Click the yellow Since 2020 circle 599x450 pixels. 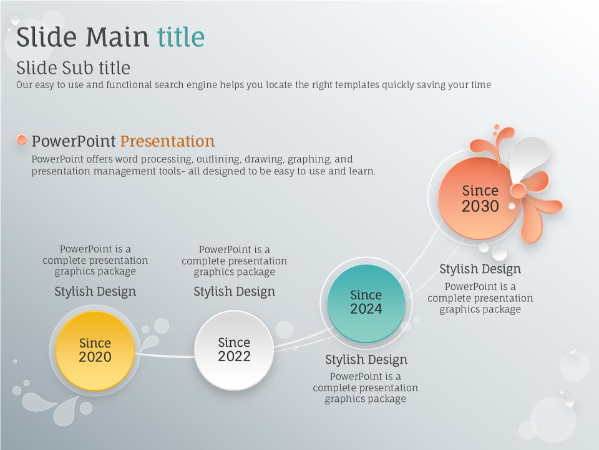tap(95, 351)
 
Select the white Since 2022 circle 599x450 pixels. tap(234, 350)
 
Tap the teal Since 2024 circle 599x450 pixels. tap(366, 303)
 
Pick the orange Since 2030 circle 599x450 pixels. tap(480, 198)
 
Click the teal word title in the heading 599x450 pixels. tap(181, 37)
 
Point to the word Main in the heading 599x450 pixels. tap(117, 37)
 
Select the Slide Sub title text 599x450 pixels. tap(73, 68)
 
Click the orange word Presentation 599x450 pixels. tap(167, 141)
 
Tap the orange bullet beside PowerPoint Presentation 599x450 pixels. tap(22, 139)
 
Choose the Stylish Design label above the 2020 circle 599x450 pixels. tap(95, 292)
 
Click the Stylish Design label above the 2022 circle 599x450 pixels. tap(234, 292)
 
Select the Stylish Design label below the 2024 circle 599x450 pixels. tap(366, 360)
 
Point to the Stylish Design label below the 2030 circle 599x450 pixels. tap(480, 269)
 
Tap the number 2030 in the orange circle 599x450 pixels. tap(480, 206)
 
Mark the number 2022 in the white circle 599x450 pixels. tap(234, 356)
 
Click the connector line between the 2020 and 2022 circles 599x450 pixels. tap(165, 356)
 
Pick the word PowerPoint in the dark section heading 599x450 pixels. tap(74, 141)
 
